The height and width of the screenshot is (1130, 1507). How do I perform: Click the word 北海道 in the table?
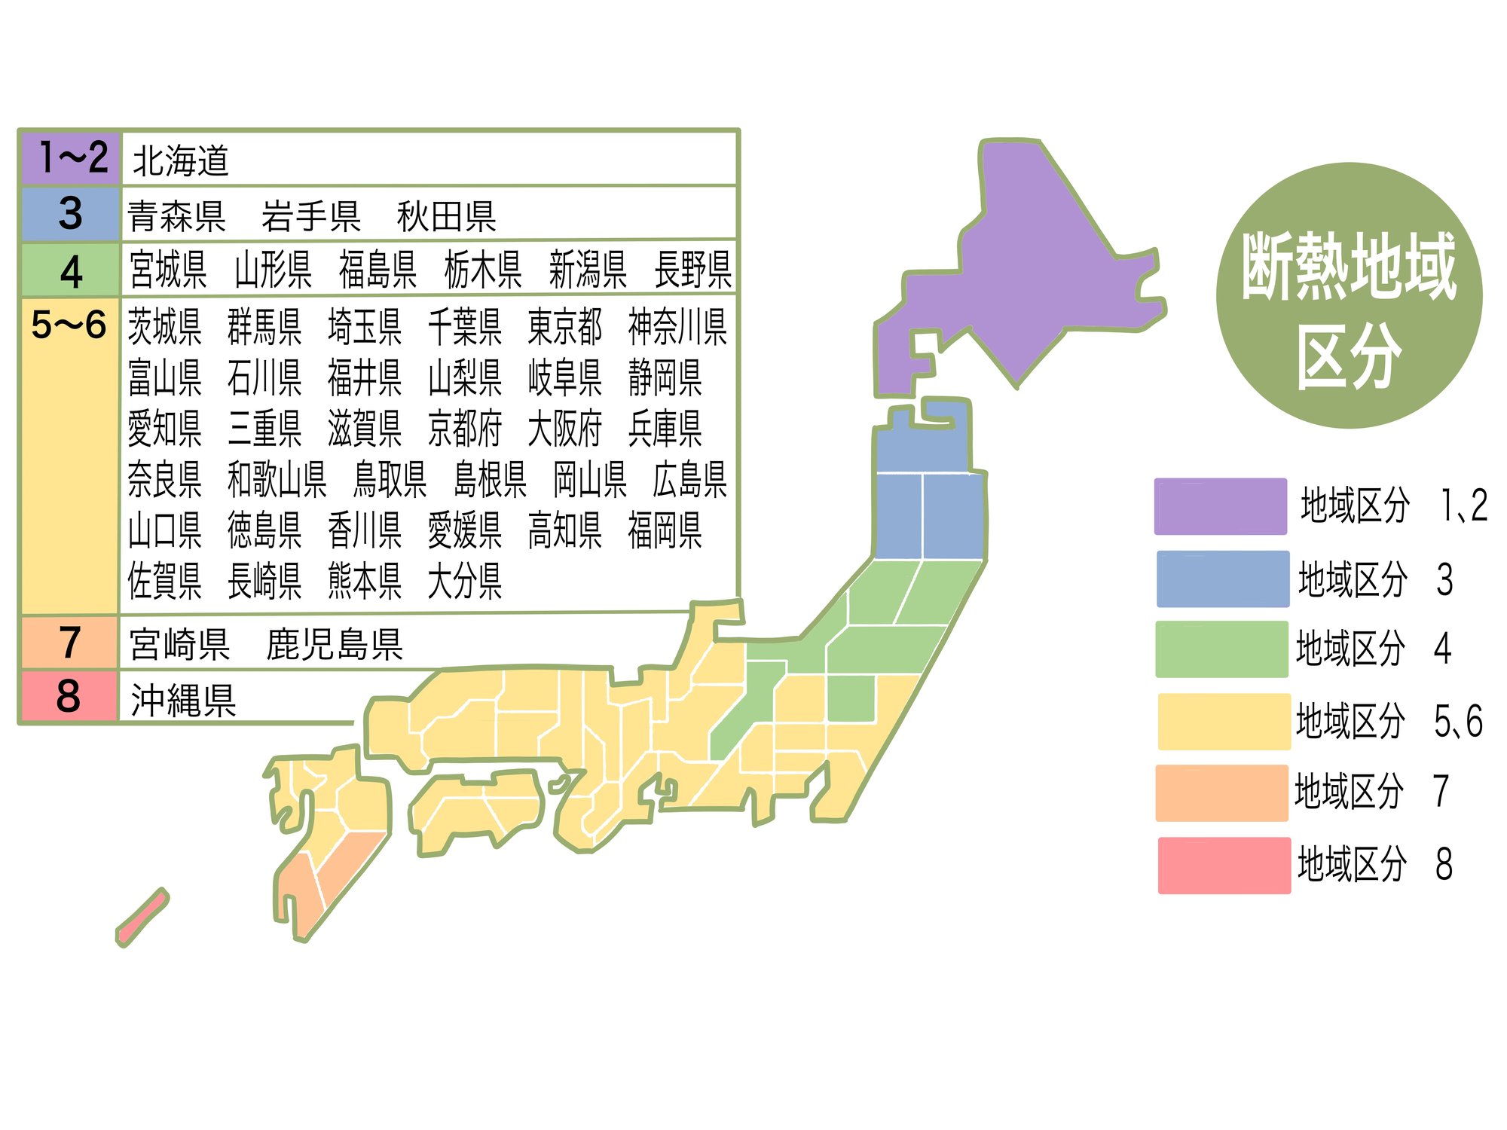(181, 160)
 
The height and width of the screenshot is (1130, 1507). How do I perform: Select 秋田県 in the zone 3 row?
(446, 217)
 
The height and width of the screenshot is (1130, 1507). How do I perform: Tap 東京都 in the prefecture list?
(564, 327)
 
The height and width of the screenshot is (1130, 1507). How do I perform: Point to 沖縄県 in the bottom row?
(183, 701)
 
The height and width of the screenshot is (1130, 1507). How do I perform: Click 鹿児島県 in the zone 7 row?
(335, 645)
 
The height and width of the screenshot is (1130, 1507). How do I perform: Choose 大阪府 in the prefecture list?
(564, 429)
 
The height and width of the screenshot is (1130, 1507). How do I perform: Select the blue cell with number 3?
(70, 214)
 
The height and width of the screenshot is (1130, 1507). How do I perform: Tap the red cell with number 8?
(69, 696)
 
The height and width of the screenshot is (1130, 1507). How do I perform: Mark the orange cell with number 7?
(69, 643)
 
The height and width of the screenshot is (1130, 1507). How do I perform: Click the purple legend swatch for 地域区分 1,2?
(1220, 506)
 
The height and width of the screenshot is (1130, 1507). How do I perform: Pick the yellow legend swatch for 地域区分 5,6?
(1223, 722)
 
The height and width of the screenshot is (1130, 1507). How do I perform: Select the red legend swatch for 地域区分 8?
(1224, 865)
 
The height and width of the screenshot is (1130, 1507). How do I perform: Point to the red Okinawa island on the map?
(142, 917)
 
